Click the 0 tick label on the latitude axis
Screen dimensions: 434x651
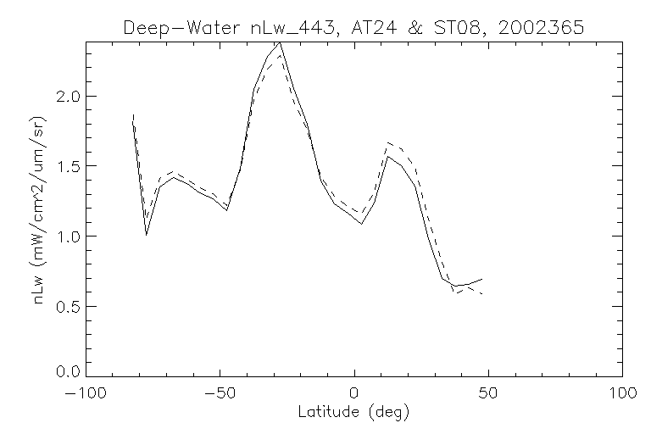(354, 395)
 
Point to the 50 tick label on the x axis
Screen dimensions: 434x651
(488, 395)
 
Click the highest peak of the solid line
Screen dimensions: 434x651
(279, 42)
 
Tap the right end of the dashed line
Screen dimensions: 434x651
(482, 293)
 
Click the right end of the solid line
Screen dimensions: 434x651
(482, 279)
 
